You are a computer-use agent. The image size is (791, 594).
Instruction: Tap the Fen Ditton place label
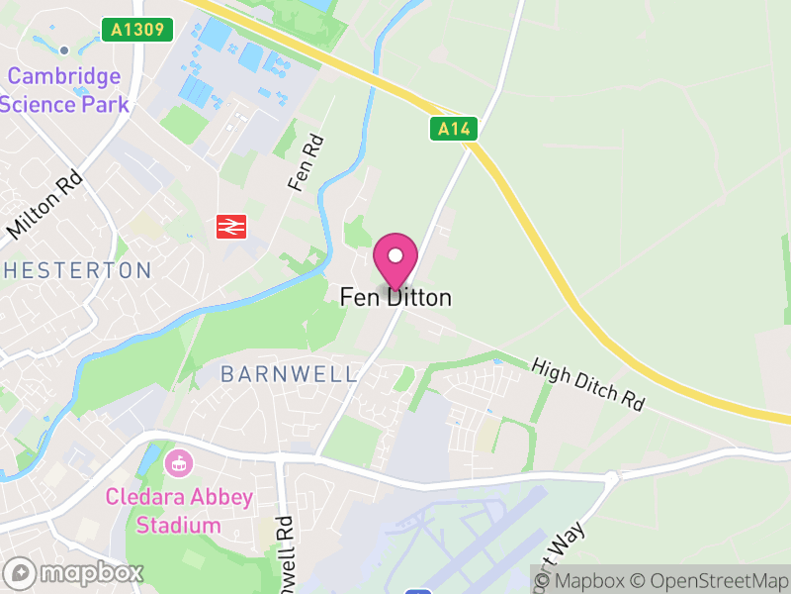coord(395,297)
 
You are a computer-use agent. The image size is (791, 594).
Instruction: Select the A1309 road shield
coord(136,31)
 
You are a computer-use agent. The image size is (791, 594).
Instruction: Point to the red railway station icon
coord(230,227)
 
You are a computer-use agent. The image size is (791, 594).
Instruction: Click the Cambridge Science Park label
coord(65,90)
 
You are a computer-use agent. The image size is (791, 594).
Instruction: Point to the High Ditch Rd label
coord(587,384)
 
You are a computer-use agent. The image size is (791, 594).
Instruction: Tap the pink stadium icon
coord(179,461)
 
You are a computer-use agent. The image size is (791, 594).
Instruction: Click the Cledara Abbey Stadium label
coord(181,511)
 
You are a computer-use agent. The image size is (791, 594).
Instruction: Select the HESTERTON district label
coord(76,270)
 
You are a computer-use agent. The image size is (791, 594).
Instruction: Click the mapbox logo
coord(74,573)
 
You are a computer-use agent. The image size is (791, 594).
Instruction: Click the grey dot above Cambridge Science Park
coord(64,49)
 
